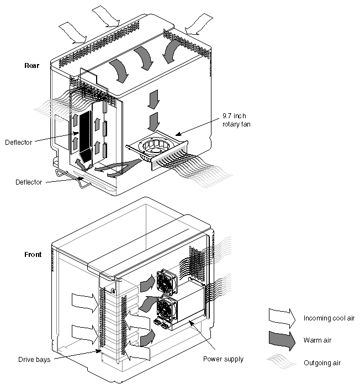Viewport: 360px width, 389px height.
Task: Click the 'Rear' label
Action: pyautogui.click(x=31, y=66)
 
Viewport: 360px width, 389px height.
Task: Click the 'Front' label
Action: pyautogui.click(x=33, y=255)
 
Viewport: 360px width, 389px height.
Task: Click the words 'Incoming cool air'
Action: pyautogui.click(x=329, y=318)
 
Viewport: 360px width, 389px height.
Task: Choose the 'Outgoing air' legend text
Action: pyautogui.click(x=321, y=362)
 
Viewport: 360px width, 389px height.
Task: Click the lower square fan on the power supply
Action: pyautogui.click(x=168, y=309)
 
